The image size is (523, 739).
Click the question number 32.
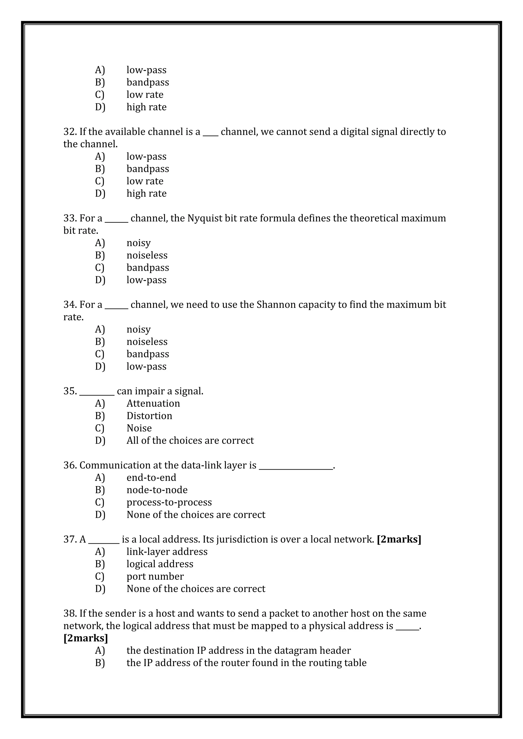(x=69, y=132)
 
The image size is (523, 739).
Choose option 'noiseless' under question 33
(x=147, y=255)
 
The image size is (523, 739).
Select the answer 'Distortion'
(x=149, y=416)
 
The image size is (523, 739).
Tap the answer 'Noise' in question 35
(x=139, y=428)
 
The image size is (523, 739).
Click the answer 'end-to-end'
(x=151, y=477)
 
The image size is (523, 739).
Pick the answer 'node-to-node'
(x=157, y=490)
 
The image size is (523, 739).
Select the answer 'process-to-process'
(x=169, y=502)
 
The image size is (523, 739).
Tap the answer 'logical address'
(x=160, y=564)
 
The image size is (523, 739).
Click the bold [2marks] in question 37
(x=399, y=539)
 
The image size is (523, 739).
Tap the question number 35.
(x=69, y=391)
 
